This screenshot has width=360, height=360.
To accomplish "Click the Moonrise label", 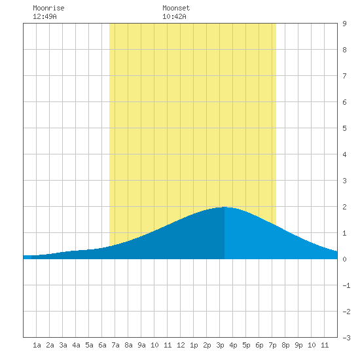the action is (48, 8).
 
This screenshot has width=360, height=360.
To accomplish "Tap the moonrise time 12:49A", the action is (45, 16).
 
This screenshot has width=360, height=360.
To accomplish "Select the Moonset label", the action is (176, 8).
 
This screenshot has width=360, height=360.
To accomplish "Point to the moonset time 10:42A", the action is (174, 16).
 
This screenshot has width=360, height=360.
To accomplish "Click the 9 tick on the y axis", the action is (344, 24).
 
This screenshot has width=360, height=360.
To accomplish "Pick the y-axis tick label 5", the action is (344, 128).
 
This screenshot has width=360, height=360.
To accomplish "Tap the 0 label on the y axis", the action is (344, 259).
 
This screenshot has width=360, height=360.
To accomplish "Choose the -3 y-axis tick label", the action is (346, 338).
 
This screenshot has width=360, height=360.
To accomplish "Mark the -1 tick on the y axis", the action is (346, 285).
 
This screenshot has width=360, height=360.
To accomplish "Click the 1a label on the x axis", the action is (37, 345).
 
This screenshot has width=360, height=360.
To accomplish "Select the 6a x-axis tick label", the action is (102, 345).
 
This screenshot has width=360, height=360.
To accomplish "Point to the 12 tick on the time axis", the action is (181, 345).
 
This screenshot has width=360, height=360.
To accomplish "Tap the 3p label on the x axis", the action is (220, 345).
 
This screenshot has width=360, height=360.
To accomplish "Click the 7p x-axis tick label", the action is (272, 345).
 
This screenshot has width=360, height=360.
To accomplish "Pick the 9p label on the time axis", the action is (298, 345).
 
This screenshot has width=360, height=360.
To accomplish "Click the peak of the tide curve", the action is (225, 207).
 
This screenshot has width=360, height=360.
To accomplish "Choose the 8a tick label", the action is (128, 345).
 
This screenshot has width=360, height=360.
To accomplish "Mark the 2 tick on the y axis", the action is (344, 207).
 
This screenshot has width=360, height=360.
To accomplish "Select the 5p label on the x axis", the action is (246, 345).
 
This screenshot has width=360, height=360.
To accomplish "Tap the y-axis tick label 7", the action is (344, 76).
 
